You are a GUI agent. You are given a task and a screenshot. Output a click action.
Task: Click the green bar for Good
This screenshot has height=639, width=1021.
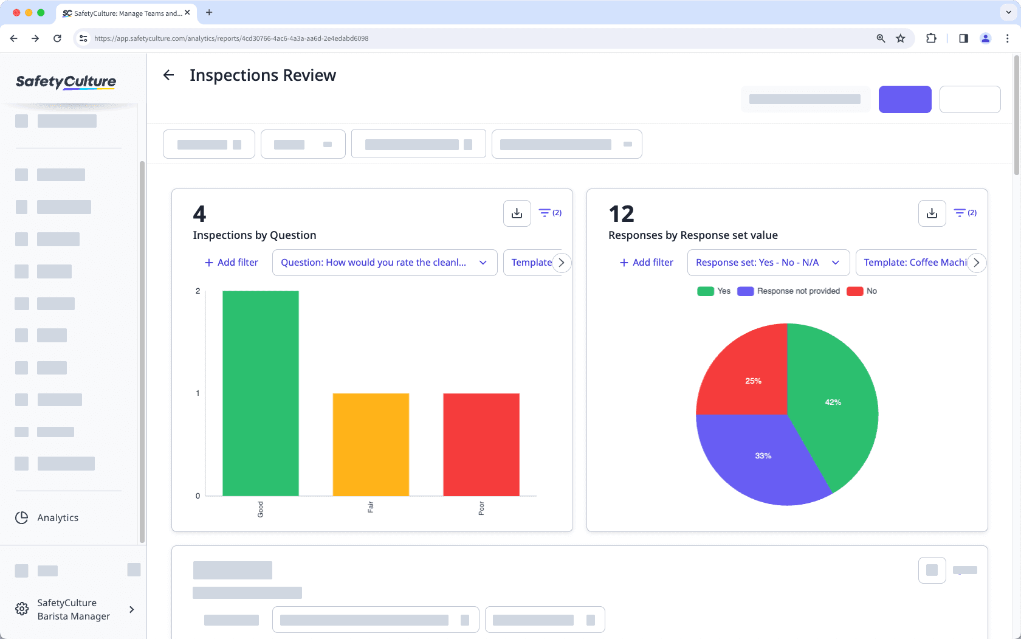[260, 393]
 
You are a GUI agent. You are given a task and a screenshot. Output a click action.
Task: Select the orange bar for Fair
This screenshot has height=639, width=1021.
[371, 444]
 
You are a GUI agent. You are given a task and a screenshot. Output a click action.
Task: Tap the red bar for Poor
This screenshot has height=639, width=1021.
[481, 444]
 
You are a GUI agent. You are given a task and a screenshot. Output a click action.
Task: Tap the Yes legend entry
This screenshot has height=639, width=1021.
[714, 291]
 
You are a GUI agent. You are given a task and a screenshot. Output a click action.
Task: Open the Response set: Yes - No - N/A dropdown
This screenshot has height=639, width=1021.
[768, 263]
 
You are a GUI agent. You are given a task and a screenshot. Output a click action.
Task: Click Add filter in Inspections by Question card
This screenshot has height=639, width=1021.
[231, 263]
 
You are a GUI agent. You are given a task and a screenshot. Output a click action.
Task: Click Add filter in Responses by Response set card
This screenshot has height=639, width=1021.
[646, 263]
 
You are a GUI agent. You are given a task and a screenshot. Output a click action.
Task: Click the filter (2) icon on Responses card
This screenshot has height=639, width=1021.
[964, 213]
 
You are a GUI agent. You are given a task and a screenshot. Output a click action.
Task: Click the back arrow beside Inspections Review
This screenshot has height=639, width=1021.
[168, 75]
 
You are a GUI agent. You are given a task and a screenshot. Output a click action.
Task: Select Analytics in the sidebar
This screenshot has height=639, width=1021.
[57, 517]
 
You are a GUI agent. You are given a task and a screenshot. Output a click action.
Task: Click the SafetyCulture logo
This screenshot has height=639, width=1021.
[66, 81]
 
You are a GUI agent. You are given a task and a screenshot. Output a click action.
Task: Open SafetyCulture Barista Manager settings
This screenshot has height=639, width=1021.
[73, 609]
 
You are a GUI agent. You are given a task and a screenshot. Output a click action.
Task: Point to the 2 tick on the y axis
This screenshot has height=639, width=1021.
[198, 291]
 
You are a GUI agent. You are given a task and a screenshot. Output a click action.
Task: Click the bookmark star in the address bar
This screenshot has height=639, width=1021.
[900, 38]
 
